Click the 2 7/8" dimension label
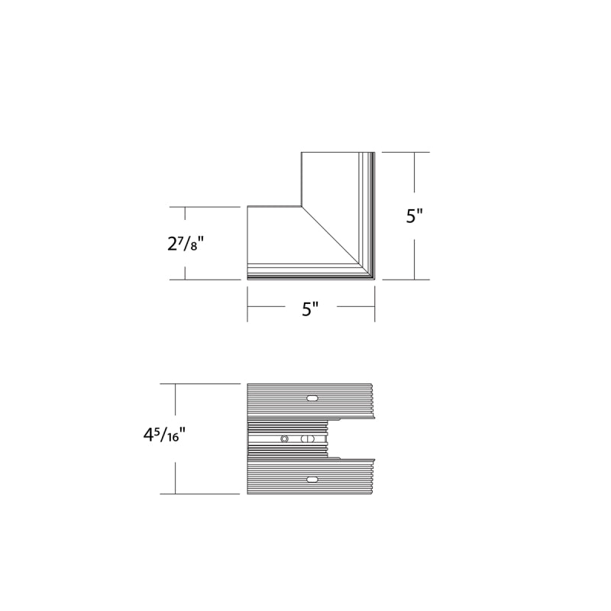coord(186,244)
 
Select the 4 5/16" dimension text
coord(163,435)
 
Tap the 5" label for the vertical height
coord(414,216)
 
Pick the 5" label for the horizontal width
coord(311,309)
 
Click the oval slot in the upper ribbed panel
coord(312,398)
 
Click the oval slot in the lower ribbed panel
coord(312,480)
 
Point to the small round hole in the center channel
coord(285,439)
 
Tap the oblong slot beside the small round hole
coord(308,439)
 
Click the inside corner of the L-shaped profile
coord(301,205)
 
